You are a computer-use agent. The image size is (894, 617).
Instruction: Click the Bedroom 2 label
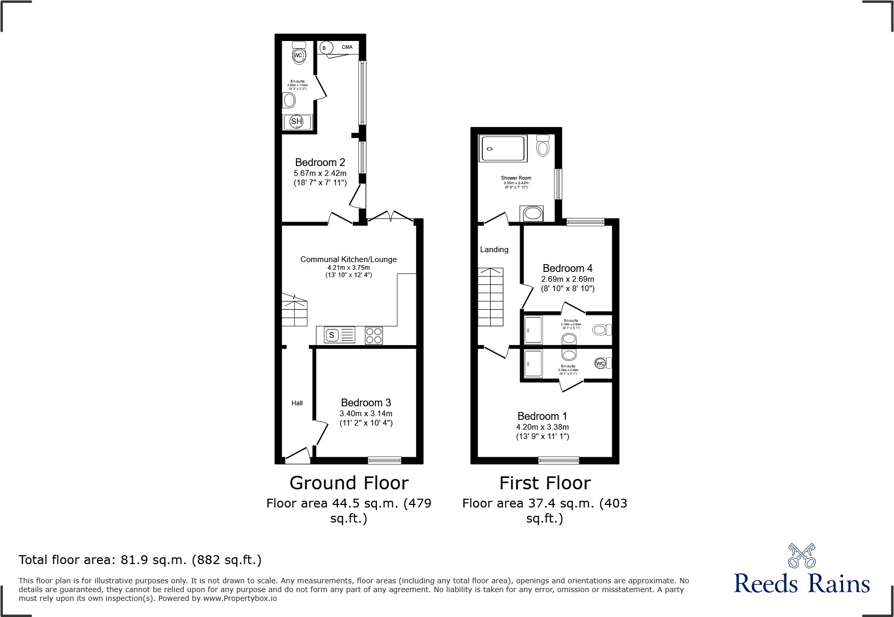tap(320, 162)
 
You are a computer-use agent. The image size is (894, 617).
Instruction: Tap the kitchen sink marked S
tap(332, 335)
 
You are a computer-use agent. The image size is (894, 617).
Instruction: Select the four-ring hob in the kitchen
tap(374, 335)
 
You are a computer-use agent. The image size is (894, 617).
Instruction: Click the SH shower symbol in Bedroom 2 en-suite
tap(296, 122)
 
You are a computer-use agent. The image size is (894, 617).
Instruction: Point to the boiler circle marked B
tap(324, 48)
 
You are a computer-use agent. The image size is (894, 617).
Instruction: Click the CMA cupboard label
tap(347, 47)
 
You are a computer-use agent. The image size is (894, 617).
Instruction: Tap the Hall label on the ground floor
tap(297, 403)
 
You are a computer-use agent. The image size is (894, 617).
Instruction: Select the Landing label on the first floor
tap(494, 250)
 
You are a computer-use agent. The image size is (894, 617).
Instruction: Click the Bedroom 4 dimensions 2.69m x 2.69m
tap(567, 279)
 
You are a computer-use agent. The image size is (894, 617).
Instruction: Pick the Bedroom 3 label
tap(365, 403)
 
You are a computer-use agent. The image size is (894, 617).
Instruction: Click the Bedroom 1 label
tap(542, 416)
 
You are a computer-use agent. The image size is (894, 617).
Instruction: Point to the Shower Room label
tap(516, 178)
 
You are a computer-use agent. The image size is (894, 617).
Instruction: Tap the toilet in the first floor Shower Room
tap(543, 146)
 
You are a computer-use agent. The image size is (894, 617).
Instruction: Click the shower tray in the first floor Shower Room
tap(503, 148)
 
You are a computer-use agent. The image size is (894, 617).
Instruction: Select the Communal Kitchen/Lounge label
tap(348, 259)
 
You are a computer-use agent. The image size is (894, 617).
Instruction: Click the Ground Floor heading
tap(349, 483)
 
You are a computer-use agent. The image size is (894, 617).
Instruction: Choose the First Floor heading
tap(545, 483)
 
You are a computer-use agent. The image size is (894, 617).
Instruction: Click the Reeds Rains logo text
tap(802, 584)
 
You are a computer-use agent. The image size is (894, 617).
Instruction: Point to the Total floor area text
tap(140, 560)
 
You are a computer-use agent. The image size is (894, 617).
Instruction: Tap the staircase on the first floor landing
tap(491, 297)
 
